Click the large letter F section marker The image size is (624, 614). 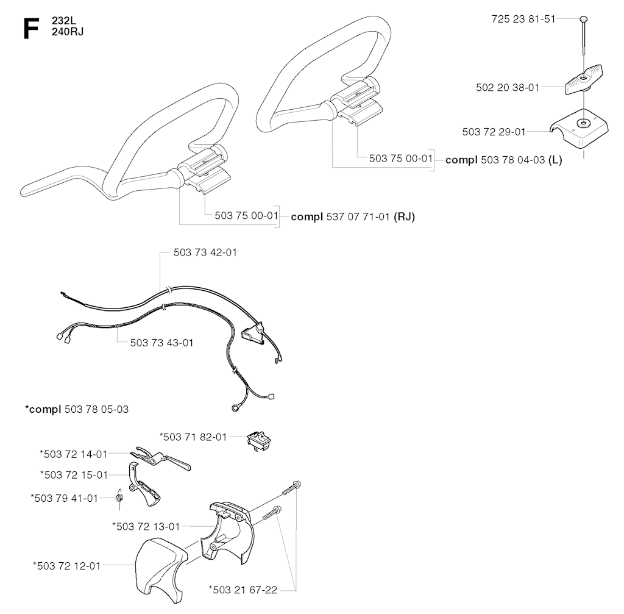point(31,29)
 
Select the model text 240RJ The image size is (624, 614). point(68,32)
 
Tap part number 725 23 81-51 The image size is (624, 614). point(523,19)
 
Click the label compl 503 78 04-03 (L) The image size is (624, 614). point(504,160)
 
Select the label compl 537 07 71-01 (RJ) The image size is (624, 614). point(353,217)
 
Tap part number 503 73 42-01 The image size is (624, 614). point(205,252)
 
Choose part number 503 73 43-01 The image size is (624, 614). point(161,343)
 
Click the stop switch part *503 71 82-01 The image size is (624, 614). point(258,440)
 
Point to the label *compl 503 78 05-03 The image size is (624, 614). point(77,409)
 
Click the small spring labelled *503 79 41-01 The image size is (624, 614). point(119,498)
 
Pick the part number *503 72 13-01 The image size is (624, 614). point(146,527)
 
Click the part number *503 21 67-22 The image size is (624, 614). point(243,590)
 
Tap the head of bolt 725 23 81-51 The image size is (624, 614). point(584,19)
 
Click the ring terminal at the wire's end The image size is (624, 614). point(235,408)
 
